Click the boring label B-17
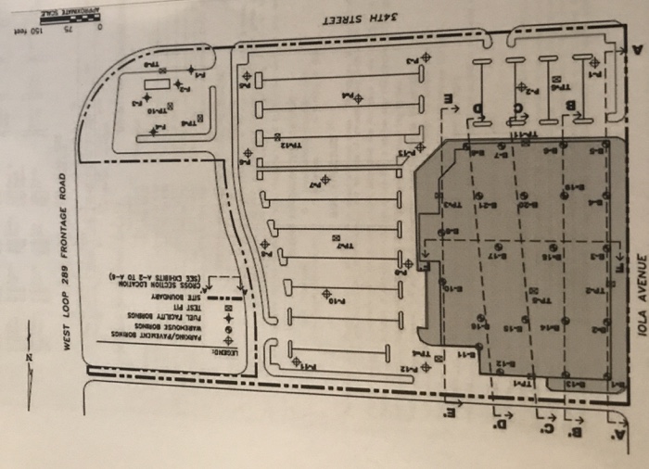click(498, 256)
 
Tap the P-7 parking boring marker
click(324, 181)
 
